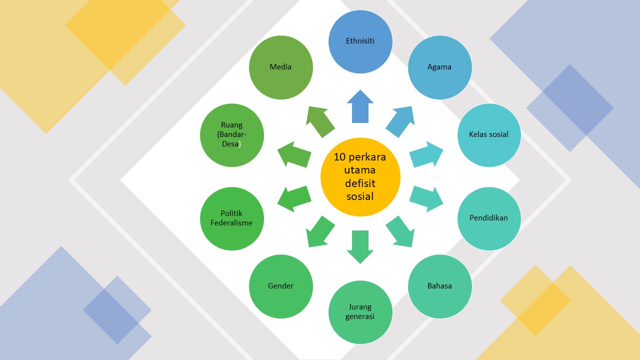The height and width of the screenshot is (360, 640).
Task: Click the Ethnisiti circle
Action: (x=360, y=41)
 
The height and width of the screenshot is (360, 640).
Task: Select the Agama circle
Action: (x=439, y=67)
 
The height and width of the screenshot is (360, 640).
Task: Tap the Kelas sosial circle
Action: (x=489, y=134)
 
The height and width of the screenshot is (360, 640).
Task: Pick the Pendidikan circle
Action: (x=489, y=218)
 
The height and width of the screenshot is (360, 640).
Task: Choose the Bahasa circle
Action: (x=439, y=286)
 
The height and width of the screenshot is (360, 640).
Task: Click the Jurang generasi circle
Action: (x=360, y=312)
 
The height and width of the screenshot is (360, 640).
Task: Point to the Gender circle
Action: (x=281, y=286)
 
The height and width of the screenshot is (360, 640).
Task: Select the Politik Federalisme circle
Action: (x=231, y=218)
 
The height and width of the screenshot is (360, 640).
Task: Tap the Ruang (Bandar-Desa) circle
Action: (x=231, y=134)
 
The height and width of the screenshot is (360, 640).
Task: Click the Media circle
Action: (x=280, y=67)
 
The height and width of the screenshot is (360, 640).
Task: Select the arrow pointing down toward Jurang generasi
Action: (x=360, y=246)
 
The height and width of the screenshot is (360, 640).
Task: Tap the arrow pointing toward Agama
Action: (x=401, y=121)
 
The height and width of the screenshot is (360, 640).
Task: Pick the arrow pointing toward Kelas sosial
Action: (x=426, y=154)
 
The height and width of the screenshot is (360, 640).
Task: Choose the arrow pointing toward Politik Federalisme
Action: (x=294, y=198)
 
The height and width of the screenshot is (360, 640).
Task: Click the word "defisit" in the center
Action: (x=360, y=183)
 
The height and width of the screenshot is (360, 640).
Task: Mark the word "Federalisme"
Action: (x=231, y=223)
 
